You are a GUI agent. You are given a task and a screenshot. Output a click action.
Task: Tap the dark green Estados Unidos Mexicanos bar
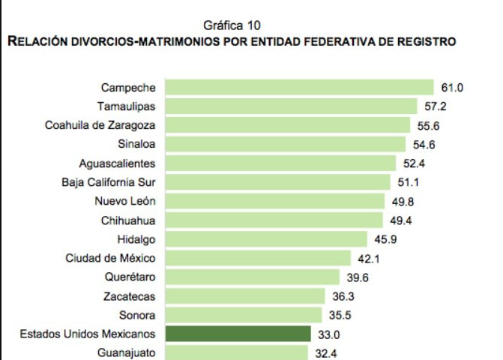[238, 334]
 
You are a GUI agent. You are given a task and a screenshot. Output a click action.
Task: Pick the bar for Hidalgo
[266, 239]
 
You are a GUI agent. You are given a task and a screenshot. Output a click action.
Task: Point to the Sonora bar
[244, 315]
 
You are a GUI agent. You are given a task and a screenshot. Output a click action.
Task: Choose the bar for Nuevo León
[274, 201]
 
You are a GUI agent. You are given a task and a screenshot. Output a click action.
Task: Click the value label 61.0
[452, 88]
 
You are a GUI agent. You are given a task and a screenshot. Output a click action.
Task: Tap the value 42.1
[369, 258]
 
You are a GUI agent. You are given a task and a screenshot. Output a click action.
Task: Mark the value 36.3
[343, 296]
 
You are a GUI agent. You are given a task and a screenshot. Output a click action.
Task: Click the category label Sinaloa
[136, 144]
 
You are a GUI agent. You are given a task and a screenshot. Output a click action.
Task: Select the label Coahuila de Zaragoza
[100, 125]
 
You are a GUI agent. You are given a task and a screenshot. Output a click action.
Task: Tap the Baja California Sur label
[109, 182]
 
